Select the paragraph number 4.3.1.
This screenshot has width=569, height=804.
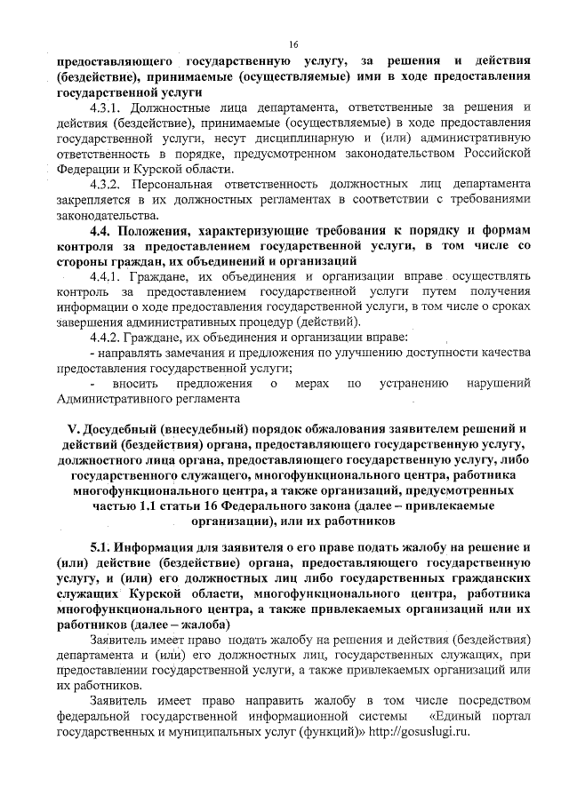106,107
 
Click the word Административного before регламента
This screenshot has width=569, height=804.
109,399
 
